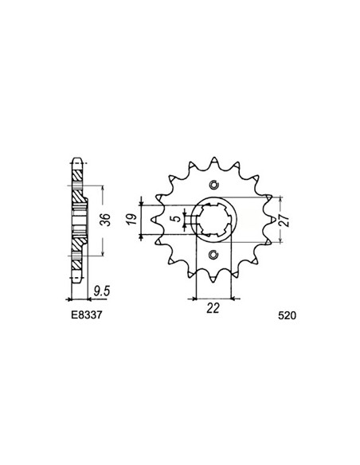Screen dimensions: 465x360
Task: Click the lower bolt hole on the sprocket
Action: (213, 256)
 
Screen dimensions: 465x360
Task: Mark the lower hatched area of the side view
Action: (76, 263)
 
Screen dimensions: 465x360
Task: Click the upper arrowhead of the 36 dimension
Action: (102, 188)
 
